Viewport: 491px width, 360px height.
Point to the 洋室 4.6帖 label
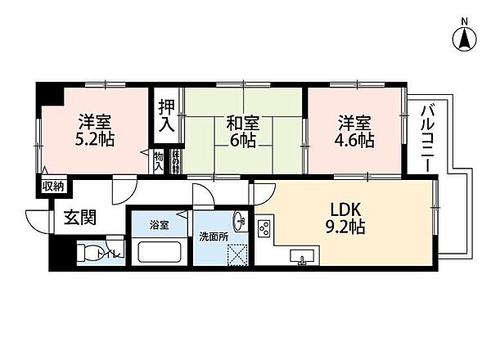(356, 131)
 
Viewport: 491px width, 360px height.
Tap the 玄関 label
(80, 218)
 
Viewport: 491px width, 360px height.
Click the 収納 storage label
(52, 187)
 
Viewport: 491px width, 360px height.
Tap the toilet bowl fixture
(93, 253)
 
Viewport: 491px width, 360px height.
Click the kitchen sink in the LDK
(303, 259)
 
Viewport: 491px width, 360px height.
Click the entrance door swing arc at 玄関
(37, 219)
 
